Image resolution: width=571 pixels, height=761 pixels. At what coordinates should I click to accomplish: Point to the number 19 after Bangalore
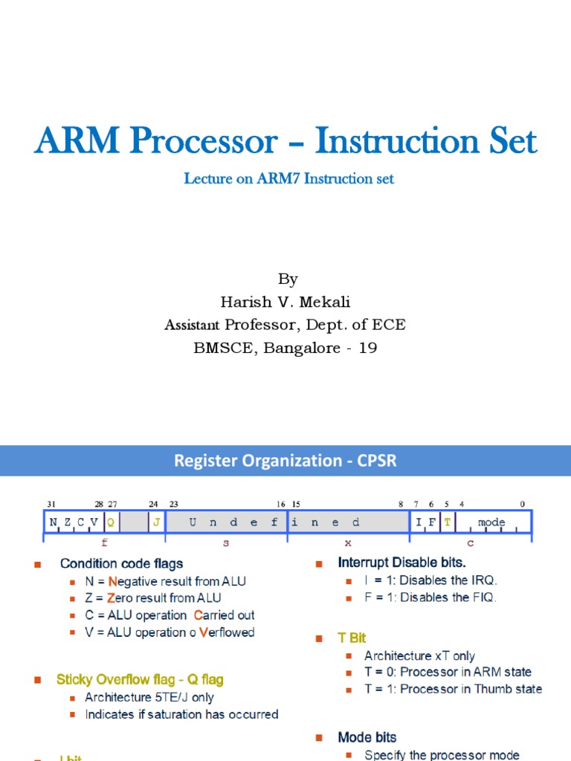click(x=368, y=348)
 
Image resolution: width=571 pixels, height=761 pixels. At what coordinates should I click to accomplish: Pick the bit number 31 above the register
click(x=51, y=504)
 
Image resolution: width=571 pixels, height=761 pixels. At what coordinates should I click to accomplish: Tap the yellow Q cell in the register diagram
click(x=111, y=522)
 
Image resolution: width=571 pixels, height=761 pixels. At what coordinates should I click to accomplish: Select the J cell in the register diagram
click(x=156, y=522)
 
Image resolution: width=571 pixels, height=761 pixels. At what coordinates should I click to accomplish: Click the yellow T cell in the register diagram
click(x=447, y=522)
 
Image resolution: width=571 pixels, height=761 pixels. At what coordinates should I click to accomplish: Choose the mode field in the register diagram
click(x=491, y=522)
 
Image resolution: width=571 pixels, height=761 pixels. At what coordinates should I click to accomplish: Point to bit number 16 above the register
click(x=281, y=504)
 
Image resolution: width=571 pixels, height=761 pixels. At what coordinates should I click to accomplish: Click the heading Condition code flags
click(x=121, y=563)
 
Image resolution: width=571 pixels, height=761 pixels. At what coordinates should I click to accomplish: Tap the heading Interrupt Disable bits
click(x=402, y=563)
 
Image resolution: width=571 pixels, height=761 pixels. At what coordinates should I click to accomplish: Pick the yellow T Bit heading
click(x=352, y=638)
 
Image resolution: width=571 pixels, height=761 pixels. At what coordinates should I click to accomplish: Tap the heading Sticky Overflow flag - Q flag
click(x=140, y=679)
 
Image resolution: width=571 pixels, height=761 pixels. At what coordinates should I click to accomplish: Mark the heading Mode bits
click(x=367, y=737)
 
